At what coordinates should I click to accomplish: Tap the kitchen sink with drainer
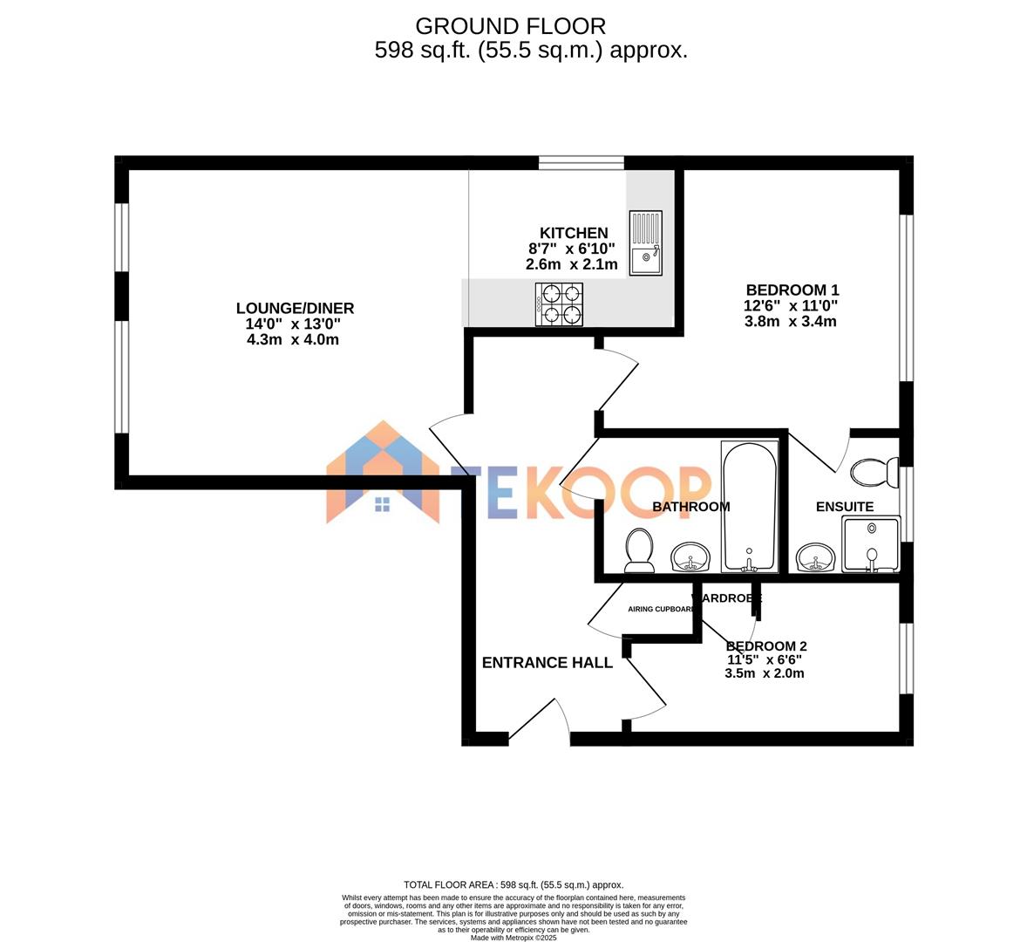click(645, 243)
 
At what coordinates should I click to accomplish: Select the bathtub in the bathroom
click(749, 507)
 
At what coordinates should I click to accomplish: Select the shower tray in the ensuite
click(870, 543)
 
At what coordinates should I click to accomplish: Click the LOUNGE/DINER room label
click(295, 308)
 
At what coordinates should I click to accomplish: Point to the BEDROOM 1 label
click(792, 290)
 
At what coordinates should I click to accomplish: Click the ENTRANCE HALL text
click(547, 663)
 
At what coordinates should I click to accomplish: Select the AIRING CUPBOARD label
click(661, 610)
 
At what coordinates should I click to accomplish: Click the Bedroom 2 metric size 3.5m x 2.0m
click(764, 673)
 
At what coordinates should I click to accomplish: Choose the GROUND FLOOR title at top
click(510, 26)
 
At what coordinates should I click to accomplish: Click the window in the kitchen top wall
click(582, 162)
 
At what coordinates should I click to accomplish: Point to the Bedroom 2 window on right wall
click(907, 659)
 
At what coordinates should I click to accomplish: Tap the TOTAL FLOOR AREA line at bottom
click(513, 884)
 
